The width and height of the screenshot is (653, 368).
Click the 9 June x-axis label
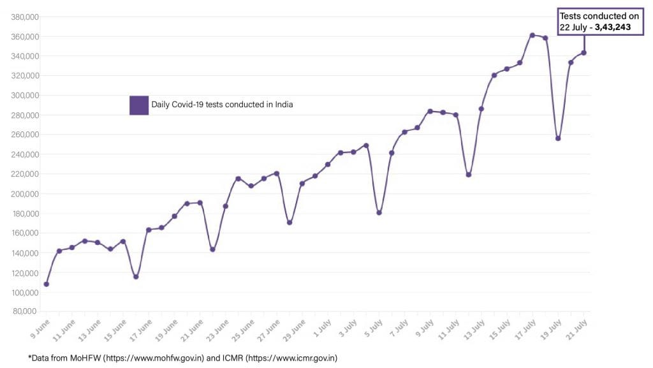tap(40, 327)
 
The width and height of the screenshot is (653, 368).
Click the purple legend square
tap(139, 105)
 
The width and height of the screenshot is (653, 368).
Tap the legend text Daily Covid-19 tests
tap(222, 105)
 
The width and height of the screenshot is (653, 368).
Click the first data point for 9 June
tap(47, 284)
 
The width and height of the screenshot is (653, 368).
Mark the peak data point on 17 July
tap(532, 35)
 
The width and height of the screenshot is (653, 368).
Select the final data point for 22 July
tap(583, 53)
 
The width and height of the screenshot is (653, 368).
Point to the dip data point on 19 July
tap(558, 138)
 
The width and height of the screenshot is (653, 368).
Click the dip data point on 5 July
tap(379, 212)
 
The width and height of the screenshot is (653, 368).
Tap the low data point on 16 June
tap(136, 276)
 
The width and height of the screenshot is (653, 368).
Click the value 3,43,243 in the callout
tap(617, 27)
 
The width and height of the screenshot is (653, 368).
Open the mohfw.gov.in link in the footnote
tap(154, 358)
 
